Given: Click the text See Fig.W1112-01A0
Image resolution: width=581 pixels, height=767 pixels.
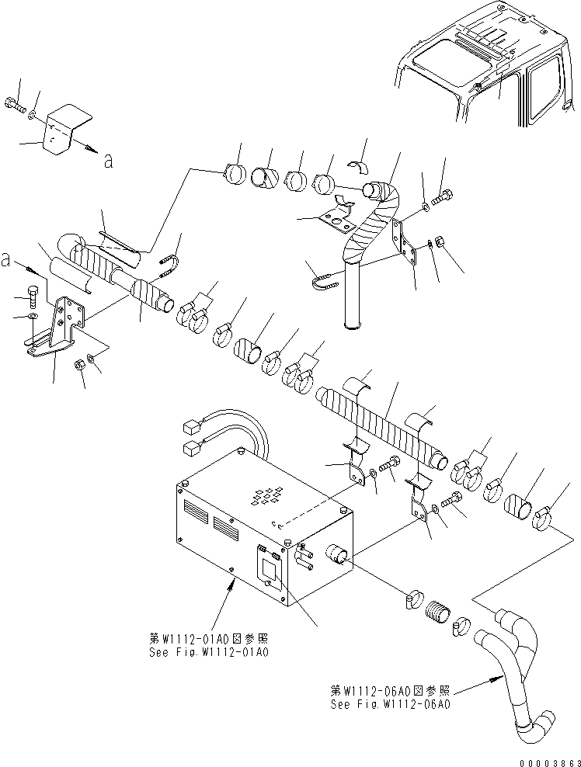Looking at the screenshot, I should click(209, 652).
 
